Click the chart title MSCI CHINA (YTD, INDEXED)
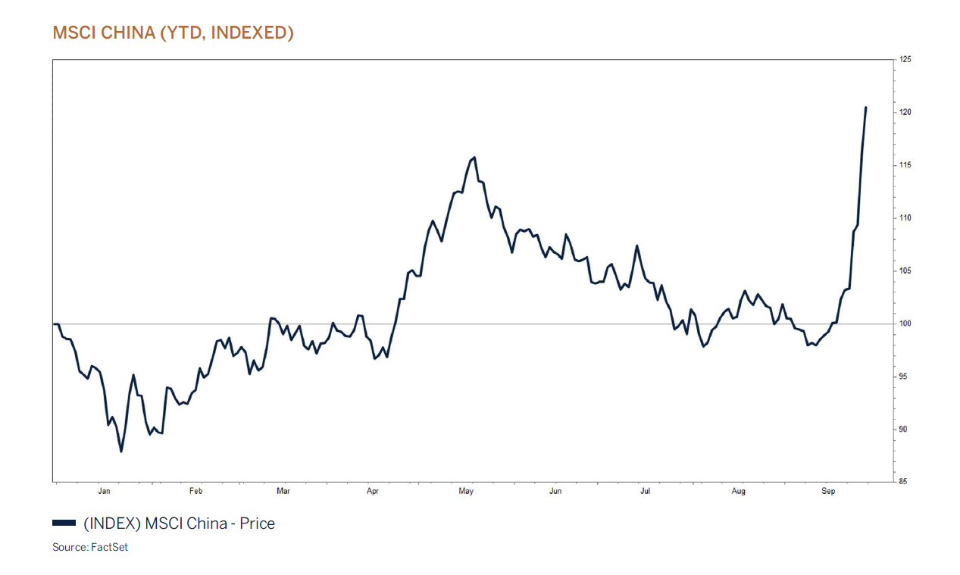coord(173,33)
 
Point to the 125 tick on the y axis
coord(905,59)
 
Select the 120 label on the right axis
coord(905,112)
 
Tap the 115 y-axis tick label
coord(905,165)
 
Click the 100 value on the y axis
coord(905,323)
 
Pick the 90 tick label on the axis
coord(904,430)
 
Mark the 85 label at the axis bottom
coord(904,482)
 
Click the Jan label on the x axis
coord(104,492)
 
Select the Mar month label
coord(283,492)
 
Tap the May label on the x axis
coord(466,492)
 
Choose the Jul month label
coord(645,492)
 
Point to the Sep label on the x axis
coord(828,492)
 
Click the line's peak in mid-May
coord(474,158)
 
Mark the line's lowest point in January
coord(121,452)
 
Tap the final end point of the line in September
coord(866,108)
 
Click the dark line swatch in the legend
coord(64,523)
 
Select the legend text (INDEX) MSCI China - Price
coord(179,523)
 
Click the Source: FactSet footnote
coord(90,547)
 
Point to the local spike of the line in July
coord(637,245)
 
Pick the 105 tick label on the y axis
coord(905,270)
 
